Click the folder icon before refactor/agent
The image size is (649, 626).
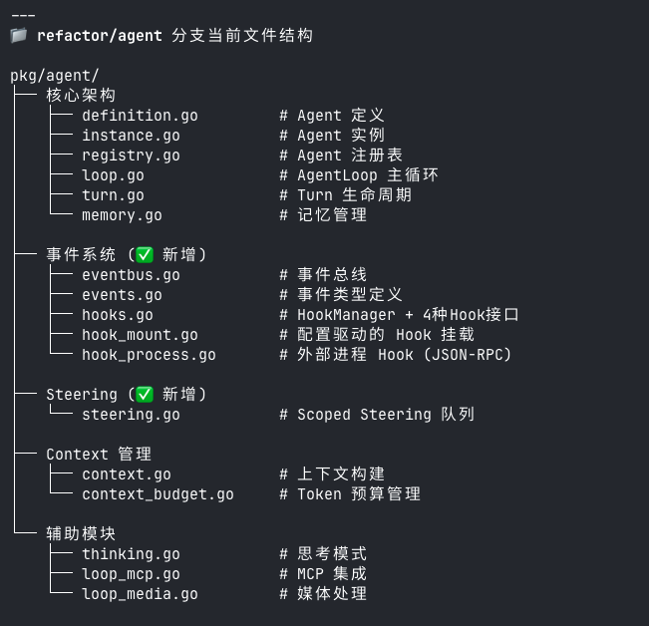coord(19,36)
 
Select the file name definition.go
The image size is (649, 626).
coord(140,116)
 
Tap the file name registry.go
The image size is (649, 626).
coord(131,156)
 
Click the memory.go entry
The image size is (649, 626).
coord(122,215)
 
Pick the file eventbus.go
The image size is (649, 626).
coord(131,275)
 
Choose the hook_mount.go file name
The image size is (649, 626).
coord(140,335)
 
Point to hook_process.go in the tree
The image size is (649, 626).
coord(149,355)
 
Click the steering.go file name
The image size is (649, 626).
coord(131,415)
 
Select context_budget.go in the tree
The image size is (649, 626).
coord(158,494)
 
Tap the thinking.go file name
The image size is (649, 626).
coord(131,554)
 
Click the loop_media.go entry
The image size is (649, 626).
coord(140,594)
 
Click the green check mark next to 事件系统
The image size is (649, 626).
coord(145,255)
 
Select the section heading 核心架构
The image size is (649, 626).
coord(81,96)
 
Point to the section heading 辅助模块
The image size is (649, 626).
coord(81,534)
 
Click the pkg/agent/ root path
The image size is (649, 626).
coord(55,76)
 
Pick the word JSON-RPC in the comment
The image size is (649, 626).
coord(468,355)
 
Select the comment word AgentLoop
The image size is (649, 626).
coord(337,175)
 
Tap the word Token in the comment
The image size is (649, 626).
coord(319,494)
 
